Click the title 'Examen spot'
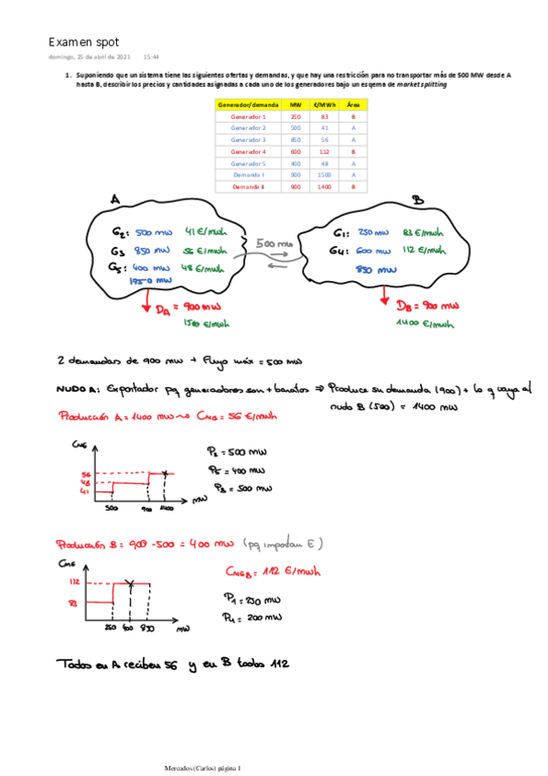click(83, 42)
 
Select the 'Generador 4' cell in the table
click(248, 151)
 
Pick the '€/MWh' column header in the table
click(322, 105)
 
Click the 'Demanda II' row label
click(248, 186)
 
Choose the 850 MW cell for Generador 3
click(295, 139)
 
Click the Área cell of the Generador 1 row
click(352, 117)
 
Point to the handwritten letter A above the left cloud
click(114, 199)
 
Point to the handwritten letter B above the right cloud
click(417, 199)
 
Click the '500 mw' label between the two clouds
click(274, 244)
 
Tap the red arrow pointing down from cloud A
click(144, 304)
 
